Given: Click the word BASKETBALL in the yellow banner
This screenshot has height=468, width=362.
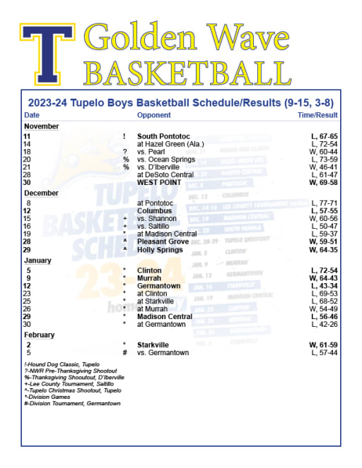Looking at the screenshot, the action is [187, 72].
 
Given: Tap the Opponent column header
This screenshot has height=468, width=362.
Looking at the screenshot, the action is [153, 115].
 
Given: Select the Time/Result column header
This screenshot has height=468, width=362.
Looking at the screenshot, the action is [317, 115].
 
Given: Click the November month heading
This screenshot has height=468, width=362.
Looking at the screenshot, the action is [41, 126].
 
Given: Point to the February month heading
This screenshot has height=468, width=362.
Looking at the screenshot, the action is [40, 335].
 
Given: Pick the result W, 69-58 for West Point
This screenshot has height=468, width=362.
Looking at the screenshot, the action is [323, 182].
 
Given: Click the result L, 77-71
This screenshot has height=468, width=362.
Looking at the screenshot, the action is [325, 203].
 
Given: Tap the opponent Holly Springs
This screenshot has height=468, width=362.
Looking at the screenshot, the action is [160, 249].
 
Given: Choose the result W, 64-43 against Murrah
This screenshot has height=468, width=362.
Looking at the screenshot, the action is [323, 278].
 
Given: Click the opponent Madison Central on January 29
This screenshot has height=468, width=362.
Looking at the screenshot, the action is [164, 317].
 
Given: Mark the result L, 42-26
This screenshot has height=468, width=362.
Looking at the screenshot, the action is [325, 325].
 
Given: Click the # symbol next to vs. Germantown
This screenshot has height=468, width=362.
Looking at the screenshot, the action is [124, 352].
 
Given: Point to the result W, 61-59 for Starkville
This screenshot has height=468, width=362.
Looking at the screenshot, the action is [323, 344].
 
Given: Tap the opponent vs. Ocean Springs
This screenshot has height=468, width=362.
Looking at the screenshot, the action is [165, 160].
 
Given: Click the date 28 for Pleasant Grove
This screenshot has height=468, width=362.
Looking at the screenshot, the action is [27, 241].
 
